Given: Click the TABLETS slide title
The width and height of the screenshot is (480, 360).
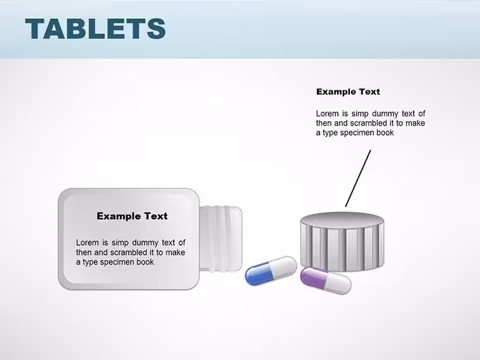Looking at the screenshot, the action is point(95,28).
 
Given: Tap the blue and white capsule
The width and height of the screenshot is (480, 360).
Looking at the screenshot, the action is point(271,270).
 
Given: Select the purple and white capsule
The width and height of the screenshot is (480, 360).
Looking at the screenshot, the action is point(326,280).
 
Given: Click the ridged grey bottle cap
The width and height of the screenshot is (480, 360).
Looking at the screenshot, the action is point(342,241).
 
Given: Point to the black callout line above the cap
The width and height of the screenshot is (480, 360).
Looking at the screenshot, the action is point(358,178).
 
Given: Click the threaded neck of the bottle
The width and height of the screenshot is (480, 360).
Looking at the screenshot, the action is point(220,239).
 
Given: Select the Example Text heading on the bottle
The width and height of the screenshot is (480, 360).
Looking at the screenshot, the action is point(132,216).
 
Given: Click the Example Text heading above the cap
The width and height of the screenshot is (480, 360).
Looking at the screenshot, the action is point(348,92).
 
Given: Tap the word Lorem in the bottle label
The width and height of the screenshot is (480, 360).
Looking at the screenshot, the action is point(87,243).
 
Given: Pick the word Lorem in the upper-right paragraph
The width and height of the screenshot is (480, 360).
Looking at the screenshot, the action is point(327,114).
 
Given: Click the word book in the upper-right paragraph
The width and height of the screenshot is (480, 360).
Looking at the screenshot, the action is point(385,133).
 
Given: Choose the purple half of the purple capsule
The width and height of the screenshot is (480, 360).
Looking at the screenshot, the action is point(313,277).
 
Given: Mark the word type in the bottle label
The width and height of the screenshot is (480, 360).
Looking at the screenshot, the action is point(90,263).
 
